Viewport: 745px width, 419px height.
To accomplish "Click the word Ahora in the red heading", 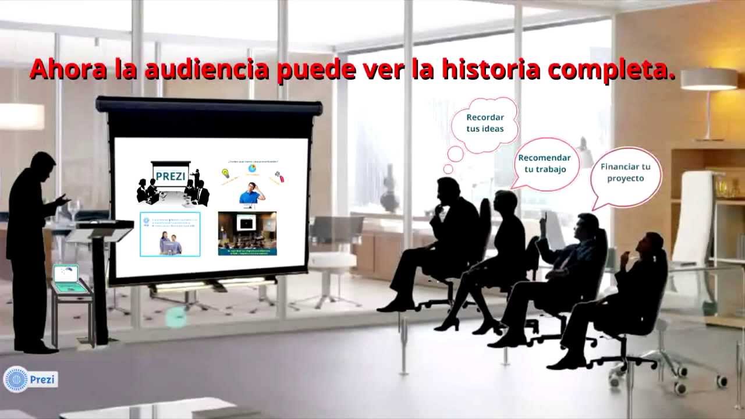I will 68,69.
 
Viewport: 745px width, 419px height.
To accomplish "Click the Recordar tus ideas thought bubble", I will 485,123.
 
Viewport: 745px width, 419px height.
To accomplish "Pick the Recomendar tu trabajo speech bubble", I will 544,164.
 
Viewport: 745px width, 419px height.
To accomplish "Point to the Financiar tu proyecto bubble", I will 626,172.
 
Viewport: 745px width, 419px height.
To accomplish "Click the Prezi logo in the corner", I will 30,379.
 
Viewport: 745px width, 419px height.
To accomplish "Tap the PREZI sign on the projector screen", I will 171,176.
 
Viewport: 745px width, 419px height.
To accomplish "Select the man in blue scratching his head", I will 252,193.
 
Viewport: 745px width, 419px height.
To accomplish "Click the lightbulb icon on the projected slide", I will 226,173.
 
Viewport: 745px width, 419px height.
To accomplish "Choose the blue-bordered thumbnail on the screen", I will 170,234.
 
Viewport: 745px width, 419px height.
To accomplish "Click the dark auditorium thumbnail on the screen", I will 247,233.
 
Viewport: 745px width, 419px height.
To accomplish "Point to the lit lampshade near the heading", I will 709,79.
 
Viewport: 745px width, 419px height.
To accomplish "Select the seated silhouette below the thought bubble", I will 442,244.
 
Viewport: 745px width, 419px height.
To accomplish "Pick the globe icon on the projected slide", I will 252,169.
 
